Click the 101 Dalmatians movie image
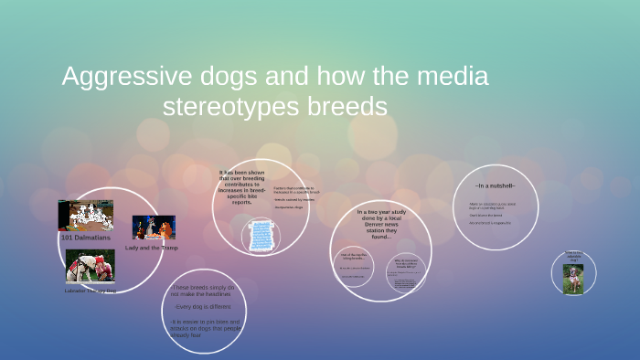85,216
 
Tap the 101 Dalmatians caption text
85,237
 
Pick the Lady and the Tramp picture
153,228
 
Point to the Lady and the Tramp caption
152,248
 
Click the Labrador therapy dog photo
90,267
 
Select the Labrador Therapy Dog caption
90,291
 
